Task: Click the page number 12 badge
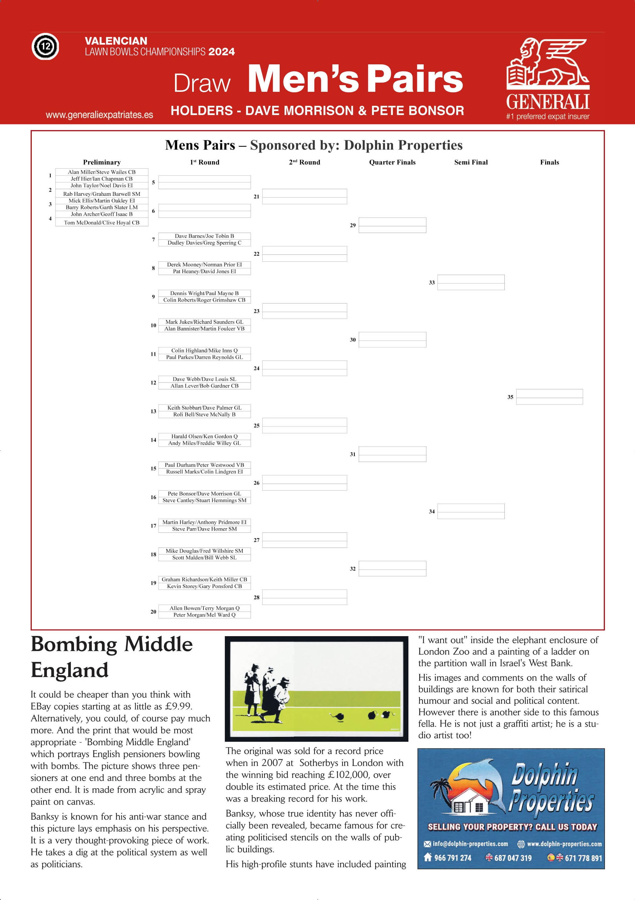pos(45,47)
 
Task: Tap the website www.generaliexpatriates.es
pos(99,115)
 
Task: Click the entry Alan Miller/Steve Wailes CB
pos(101,172)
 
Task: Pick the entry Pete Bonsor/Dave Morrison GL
pos(204,493)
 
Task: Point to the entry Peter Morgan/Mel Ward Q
pos(204,615)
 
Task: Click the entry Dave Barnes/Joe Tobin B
pos(204,236)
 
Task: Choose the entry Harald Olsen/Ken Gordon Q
pos(204,436)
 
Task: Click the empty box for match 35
pos(549,397)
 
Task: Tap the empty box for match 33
pos(471,282)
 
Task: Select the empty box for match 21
pos(304,196)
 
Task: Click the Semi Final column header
pos(471,162)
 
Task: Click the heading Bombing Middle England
pos(111,657)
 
